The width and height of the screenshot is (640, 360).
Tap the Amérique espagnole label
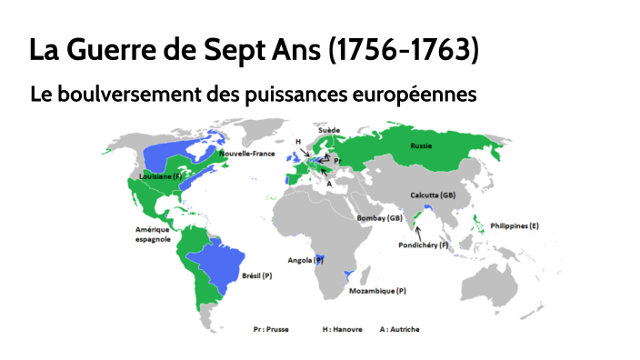point(154,235)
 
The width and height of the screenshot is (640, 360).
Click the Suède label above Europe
point(329,130)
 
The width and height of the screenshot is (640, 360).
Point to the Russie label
point(421,145)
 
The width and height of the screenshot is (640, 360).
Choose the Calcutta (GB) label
point(433,195)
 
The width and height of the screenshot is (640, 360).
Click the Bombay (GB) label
point(380,218)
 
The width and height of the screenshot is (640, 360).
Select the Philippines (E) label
point(515,225)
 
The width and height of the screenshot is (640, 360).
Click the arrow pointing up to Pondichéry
point(418,233)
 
